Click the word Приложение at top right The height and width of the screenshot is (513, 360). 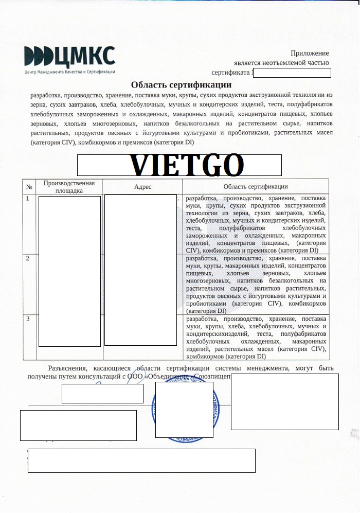[x=310, y=53]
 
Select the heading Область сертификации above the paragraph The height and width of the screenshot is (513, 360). [x=181, y=85]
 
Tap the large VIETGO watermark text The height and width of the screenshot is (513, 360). [x=186, y=165]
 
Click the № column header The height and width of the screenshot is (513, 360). [x=29, y=186]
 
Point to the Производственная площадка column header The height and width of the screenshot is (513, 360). [x=69, y=187]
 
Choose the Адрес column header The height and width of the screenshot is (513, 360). [x=142, y=187]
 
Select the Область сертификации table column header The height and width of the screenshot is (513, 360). [x=256, y=186]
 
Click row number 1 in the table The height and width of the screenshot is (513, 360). [x=28, y=199]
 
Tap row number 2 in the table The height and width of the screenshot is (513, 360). [x=28, y=258]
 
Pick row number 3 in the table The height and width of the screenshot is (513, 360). [x=28, y=320]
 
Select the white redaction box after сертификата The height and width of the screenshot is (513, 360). [x=292, y=73]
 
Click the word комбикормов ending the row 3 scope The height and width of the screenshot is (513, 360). [x=205, y=356]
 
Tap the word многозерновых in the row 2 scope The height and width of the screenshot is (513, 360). [x=209, y=281]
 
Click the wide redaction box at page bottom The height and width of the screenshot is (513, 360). [x=141, y=460]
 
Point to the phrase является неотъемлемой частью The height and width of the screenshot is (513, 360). [x=281, y=63]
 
